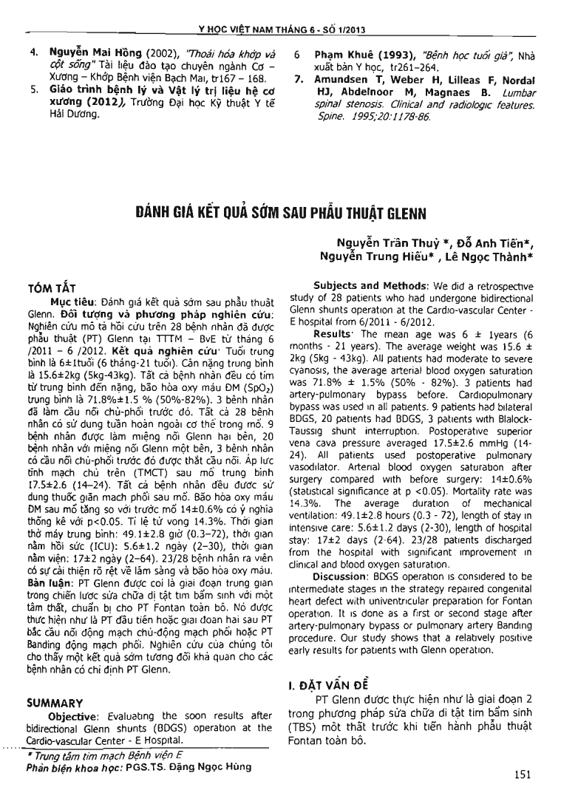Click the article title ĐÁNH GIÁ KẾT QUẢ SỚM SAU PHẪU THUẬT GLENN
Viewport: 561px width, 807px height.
(280, 215)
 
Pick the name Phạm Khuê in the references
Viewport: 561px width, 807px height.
(346, 55)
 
